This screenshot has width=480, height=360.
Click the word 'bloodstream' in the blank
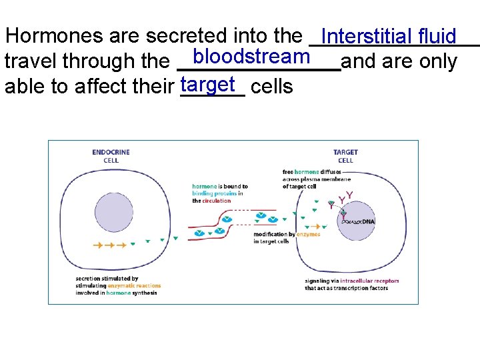click(251, 57)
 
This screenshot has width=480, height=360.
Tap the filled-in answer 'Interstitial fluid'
click(389, 36)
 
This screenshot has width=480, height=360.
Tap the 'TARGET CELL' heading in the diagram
click(345, 156)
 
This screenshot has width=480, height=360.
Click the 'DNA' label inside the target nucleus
click(369, 221)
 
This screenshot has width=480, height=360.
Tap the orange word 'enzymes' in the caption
click(309, 235)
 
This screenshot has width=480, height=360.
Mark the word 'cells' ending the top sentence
click(273, 87)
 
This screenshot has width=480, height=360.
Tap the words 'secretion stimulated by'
click(107, 279)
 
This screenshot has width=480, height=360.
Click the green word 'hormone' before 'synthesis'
click(119, 293)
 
